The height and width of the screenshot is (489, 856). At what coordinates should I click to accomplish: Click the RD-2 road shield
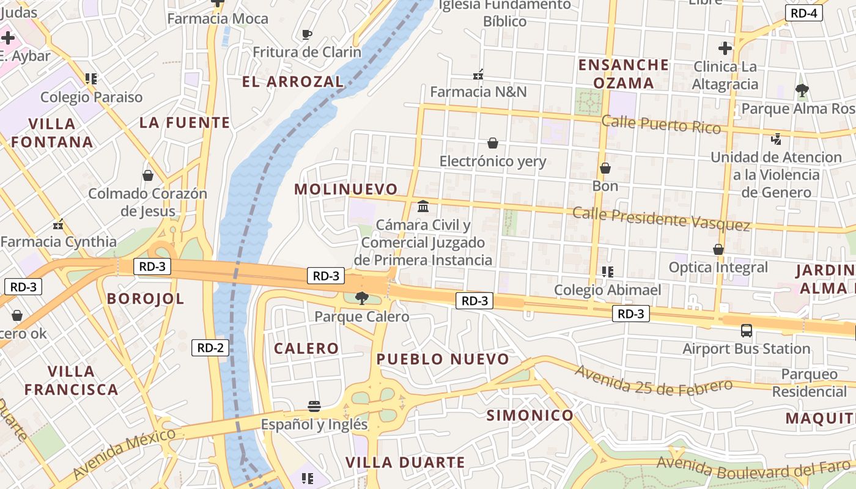point(210,348)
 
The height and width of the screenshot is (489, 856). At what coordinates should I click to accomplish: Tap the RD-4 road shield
point(803,13)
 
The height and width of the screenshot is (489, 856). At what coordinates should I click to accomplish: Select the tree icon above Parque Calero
point(361,298)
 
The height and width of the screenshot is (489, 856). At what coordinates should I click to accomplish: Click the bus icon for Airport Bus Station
point(746,331)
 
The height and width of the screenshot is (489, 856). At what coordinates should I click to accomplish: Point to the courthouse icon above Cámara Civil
point(423,206)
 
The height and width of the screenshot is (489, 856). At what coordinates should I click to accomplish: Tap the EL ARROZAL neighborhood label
point(293,81)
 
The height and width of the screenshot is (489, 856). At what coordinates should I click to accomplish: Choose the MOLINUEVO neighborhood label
point(345,189)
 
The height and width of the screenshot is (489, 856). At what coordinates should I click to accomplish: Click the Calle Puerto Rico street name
point(661,124)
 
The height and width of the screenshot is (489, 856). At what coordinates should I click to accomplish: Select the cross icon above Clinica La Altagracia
point(725,48)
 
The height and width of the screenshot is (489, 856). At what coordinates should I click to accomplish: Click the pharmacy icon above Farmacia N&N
point(478,75)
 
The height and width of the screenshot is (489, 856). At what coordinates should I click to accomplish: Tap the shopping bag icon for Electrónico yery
point(492,144)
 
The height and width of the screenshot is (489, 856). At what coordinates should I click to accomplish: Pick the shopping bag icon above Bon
point(605,168)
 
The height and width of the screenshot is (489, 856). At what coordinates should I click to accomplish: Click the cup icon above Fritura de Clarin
point(307,34)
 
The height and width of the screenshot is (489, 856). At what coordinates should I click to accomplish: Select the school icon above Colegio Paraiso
point(91,79)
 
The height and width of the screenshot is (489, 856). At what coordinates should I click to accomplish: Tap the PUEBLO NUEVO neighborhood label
point(443,359)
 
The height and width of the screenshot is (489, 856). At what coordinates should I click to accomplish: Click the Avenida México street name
point(125,453)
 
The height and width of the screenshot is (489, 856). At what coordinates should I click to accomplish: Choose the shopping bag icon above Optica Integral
point(718,249)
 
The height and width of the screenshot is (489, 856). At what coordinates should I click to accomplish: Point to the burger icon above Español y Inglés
point(314,406)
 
